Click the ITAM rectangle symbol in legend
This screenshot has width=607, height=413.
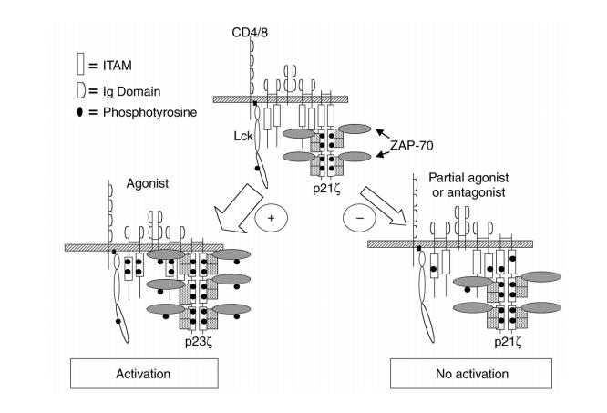tap(81, 63)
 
